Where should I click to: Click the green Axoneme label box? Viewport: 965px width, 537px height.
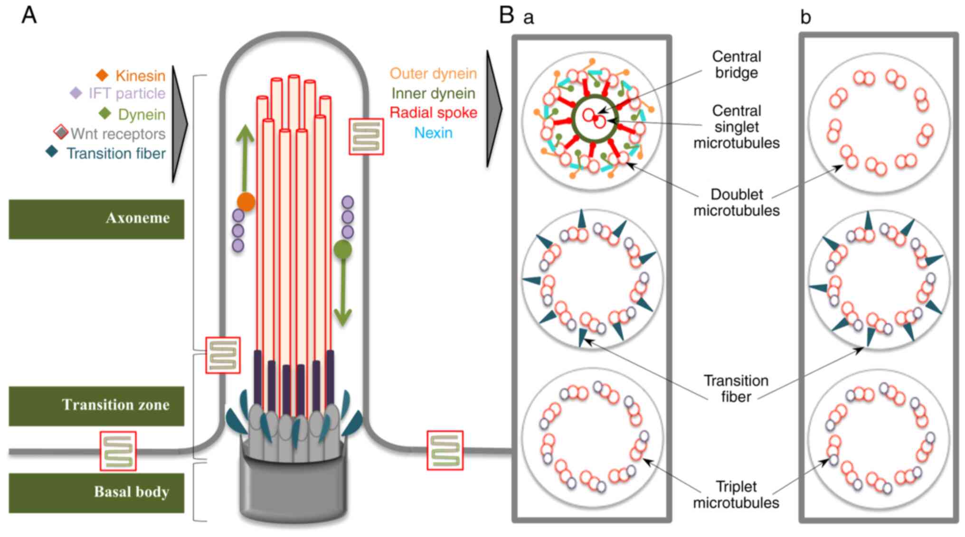tap(96, 219)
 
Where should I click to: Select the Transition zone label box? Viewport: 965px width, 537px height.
tap(96, 406)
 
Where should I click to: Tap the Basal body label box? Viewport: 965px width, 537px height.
tap(96, 492)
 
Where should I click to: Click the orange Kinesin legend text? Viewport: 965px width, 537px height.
tap(140, 75)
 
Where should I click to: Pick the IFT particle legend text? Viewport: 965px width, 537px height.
tap(127, 93)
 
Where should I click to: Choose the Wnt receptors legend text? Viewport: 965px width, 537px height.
tap(118, 134)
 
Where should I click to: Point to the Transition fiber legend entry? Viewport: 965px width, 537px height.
tap(116, 153)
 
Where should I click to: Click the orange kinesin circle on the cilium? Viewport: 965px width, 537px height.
tap(246, 202)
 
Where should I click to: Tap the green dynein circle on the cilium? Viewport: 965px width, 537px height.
tap(343, 250)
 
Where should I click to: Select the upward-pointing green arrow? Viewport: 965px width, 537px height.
tap(245, 157)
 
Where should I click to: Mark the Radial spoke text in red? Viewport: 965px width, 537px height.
tap(433, 113)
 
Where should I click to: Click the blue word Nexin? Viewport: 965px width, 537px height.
tap(433, 133)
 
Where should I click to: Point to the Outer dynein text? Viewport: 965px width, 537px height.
tap(433, 74)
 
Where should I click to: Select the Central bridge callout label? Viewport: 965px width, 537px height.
tap(736, 65)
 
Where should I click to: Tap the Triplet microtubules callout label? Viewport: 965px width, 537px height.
tap(736, 494)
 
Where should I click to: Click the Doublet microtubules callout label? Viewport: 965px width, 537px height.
tap(736, 202)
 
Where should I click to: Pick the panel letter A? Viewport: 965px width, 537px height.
tap(29, 15)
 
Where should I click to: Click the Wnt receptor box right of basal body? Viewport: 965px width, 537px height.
tap(445, 450)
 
